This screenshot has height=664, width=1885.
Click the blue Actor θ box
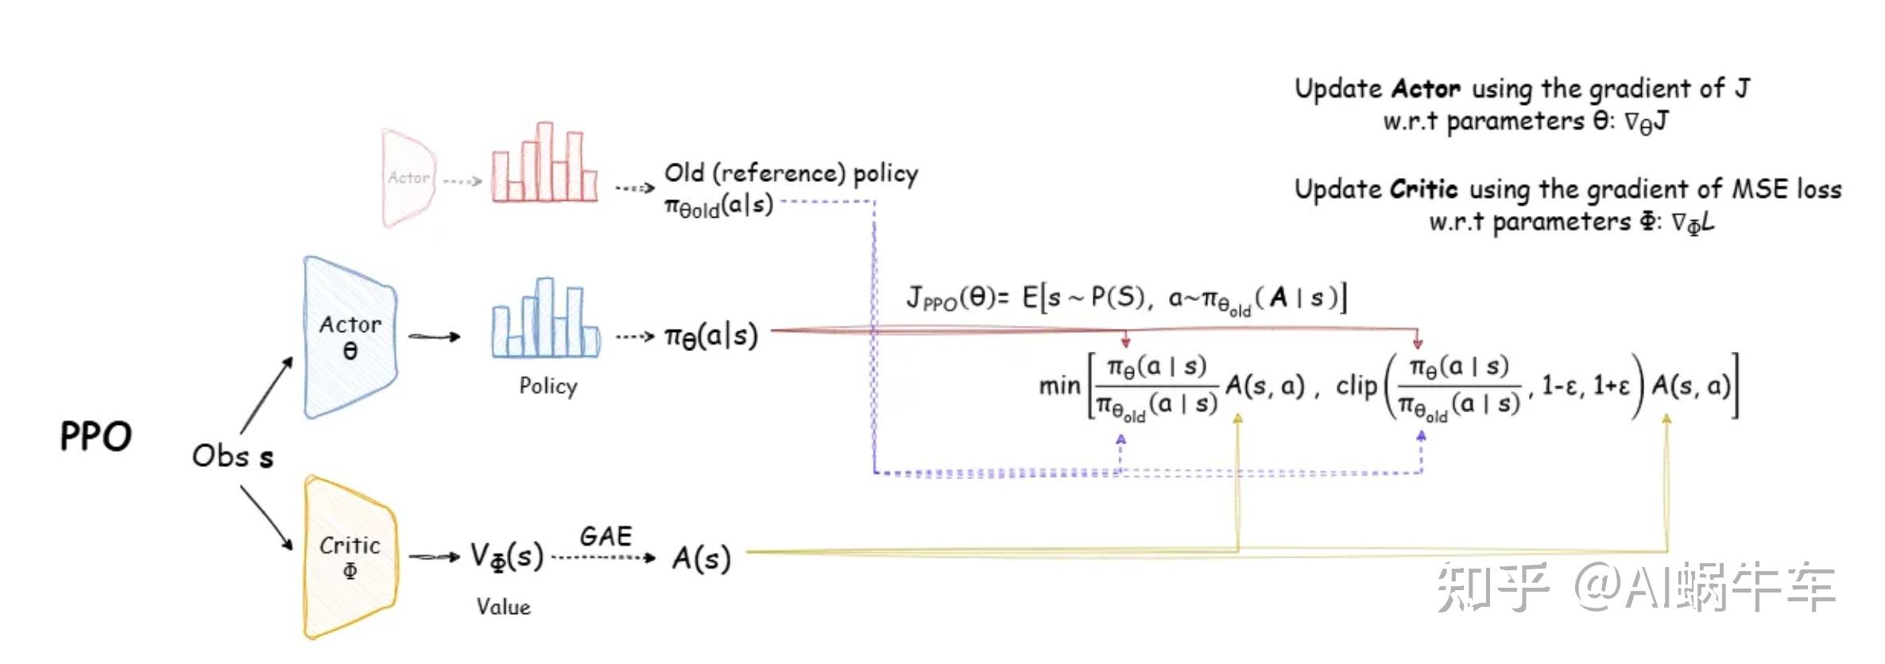(x=350, y=338)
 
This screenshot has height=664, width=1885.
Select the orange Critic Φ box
(x=350, y=557)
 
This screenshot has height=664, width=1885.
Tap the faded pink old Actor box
(x=408, y=178)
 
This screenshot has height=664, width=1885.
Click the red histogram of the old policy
(x=544, y=164)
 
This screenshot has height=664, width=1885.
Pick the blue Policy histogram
(x=545, y=319)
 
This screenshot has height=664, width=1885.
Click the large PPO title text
(x=96, y=437)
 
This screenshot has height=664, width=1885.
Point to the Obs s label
(x=233, y=456)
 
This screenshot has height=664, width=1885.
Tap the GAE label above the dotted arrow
(x=606, y=536)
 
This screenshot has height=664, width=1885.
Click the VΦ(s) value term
(x=506, y=556)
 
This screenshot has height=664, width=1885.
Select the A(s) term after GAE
(x=701, y=558)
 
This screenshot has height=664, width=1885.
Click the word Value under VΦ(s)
(x=503, y=607)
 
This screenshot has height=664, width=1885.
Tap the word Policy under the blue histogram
(x=548, y=386)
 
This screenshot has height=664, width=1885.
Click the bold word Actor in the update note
(x=1426, y=88)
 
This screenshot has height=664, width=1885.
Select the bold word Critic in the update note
(x=1424, y=189)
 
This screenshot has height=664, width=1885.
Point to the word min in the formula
(x=1059, y=387)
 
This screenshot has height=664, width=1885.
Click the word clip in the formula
(x=1356, y=386)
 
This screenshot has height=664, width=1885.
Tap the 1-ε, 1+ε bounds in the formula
(x=1585, y=386)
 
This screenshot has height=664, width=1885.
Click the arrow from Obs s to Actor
(x=267, y=394)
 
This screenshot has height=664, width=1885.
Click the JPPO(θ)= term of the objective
(x=957, y=299)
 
